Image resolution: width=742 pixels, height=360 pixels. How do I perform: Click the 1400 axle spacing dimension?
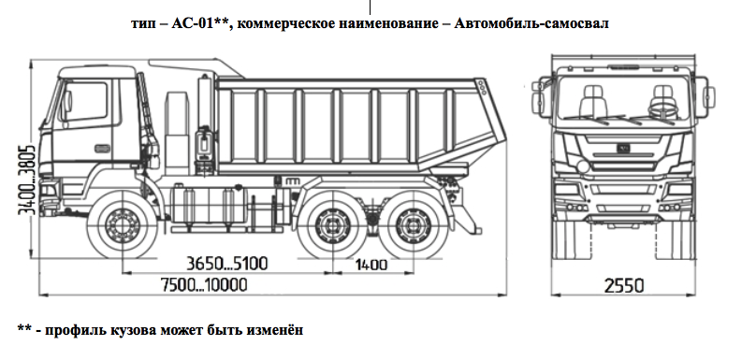click(371, 265)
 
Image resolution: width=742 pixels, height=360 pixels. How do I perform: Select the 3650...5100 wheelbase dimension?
click(226, 263)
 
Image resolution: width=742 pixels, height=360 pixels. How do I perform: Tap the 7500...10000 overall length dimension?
click(204, 285)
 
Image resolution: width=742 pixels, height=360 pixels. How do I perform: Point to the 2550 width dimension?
click(624, 286)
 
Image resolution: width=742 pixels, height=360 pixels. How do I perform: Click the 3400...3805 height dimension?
click(27, 180)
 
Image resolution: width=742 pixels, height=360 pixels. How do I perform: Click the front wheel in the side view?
click(121, 224)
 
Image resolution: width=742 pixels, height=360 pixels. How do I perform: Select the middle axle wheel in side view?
click(331, 224)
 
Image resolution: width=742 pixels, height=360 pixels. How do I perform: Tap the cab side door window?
click(86, 101)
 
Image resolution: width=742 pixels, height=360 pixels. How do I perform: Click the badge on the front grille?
click(623, 148)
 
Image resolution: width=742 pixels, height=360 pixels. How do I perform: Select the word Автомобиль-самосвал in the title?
click(531, 22)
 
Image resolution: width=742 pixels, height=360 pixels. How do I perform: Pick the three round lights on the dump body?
click(483, 88)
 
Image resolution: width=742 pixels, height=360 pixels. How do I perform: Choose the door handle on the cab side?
click(102, 149)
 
